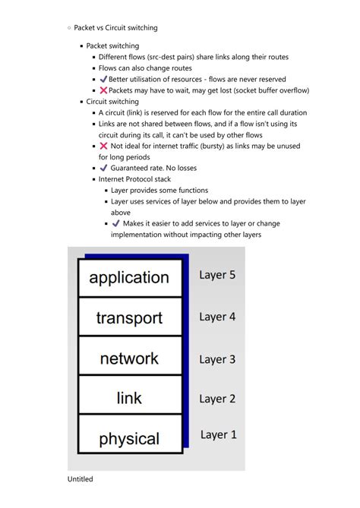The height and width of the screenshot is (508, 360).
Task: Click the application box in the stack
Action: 129,278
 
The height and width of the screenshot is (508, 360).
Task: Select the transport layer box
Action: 129,317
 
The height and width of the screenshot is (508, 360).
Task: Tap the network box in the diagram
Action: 129,358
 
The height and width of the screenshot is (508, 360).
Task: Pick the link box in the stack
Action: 129,397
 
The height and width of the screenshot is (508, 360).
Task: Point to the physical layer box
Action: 129,438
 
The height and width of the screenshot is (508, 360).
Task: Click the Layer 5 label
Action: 217,275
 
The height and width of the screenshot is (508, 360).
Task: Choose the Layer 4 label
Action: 217,317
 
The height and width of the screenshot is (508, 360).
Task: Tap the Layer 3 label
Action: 217,359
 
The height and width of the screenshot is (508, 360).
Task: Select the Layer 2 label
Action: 217,398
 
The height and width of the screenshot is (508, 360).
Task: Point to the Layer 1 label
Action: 219,434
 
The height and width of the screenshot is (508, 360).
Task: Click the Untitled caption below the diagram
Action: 80,480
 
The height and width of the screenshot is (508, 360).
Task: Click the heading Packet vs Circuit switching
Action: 115,28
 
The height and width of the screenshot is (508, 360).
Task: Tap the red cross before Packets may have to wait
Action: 103,90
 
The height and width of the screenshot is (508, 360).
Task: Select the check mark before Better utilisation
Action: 103,79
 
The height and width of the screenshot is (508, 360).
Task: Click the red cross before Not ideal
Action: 103,146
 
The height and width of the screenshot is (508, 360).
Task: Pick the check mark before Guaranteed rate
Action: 103,168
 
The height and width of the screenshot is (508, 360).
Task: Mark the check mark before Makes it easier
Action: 115,224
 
